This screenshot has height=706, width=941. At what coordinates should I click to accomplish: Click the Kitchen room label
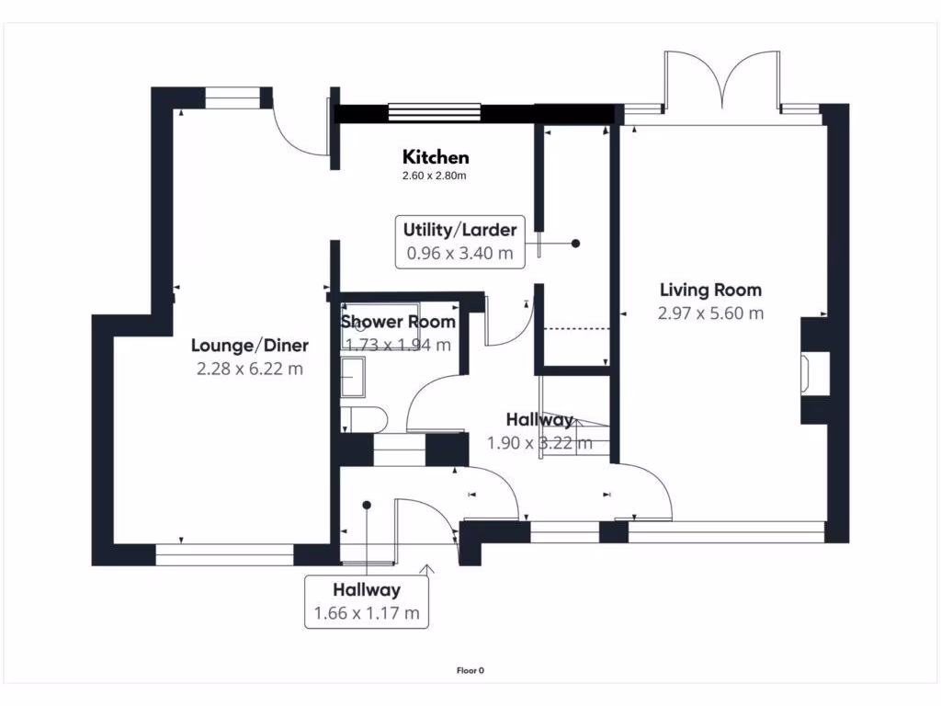436,157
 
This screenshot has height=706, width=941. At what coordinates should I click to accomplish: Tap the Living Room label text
710,290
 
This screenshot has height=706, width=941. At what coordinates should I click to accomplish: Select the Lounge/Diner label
250,346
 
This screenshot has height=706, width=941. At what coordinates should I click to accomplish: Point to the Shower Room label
398,322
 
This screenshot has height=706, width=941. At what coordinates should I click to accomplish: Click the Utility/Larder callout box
460,243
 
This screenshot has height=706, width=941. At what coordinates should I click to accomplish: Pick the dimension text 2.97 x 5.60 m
710,313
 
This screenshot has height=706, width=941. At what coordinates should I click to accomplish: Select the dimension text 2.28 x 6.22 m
250,369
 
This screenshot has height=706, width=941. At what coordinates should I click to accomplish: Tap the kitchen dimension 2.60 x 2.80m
436,176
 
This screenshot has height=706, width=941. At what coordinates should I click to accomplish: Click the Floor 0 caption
470,670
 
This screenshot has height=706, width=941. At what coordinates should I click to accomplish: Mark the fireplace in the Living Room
812,372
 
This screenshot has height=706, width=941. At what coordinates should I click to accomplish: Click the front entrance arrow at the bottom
427,572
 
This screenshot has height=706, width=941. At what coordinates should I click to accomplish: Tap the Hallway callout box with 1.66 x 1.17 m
367,601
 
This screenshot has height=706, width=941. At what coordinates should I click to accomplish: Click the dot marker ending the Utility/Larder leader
576,244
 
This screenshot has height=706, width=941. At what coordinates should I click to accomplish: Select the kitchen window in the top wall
434,112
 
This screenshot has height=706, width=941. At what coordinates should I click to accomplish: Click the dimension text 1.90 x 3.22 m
539,443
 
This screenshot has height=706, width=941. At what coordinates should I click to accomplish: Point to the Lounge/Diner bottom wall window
224,554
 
